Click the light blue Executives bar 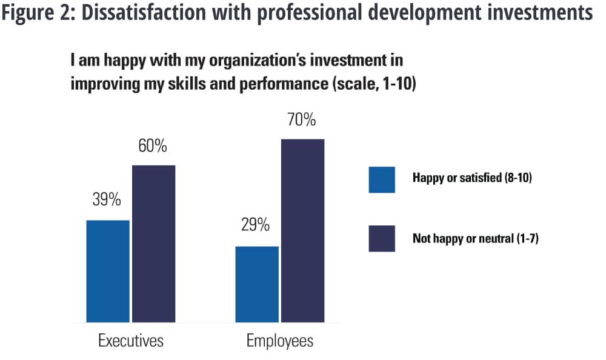(x=108, y=271)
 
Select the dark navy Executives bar (x=153, y=244)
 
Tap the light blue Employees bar (x=257, y=284)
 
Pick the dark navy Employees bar (x=302, y=231)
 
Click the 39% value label (x=107, y=199)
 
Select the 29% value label (x=256, y=225)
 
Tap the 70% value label (x=301, y=120)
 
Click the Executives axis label (x=131, y=341)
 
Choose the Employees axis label (x=280, y=341)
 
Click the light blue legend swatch (x=382, y=179)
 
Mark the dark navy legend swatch (x=382, y=238)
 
